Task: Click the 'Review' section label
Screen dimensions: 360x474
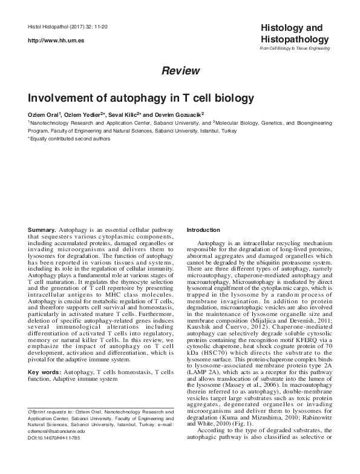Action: tap(180, 71)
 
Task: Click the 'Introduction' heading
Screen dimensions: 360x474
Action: tap(204, 230)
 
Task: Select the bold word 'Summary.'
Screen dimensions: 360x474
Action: tap(43, 231)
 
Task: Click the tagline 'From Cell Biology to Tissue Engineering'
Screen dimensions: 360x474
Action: tap(295, 48)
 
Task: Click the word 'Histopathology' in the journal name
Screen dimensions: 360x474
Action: tap(294, 39)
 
